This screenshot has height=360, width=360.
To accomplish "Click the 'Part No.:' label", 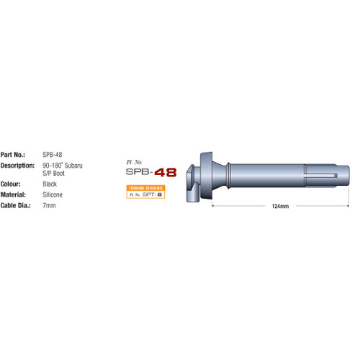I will pos(14,154).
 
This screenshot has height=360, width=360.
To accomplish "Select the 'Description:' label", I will pos(18,165).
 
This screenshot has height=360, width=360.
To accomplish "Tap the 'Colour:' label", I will pos(12,184).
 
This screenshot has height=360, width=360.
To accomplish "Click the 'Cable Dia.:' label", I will pos(17,205).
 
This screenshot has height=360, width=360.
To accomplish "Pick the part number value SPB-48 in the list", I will pos(52,154).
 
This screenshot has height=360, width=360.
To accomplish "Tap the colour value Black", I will pos(50,184).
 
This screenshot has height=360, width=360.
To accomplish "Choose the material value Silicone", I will pos(53,194).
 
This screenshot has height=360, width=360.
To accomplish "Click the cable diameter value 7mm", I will pos(49,205).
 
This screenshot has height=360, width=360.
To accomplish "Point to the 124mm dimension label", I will pos(280,206).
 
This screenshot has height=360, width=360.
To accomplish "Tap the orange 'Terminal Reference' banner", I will pos(145,186).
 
